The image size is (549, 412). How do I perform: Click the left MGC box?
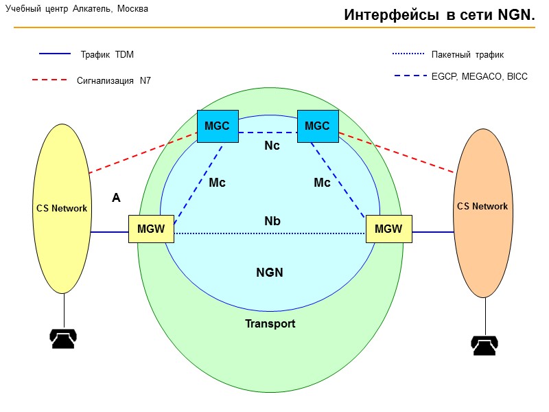pyautogui.click(x=217, y=126)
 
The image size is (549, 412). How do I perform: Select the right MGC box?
pyautogui.click(x=317, y=126)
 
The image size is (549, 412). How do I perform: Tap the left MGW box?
pyautogui.click(x=151, y=229)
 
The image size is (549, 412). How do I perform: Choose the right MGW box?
pyautogui.click(x=389, y=229)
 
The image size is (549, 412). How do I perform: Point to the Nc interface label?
pyautogui.click(x=272, y=146)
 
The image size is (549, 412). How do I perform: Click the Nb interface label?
pyautogui.click(x=272, y=221)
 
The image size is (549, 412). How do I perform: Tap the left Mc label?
pyautogui.click(x=217, y=183)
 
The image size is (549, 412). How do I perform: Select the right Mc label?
pyautogui.click(x=322, y=183)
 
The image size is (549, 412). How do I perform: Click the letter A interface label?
pyautogui.click(x=116, y=198)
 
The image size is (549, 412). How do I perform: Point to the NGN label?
pyautogui.click(x=270, y=273)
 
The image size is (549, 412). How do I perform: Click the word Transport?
pyautogui.click(x=270, y=323)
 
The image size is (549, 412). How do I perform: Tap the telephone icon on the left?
pyautogui.click(x=63, y=339)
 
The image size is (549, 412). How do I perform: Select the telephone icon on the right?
pyautogui.click(x=484, y=345)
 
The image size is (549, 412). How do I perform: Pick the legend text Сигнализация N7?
pyautogui.click(x=114, y=80)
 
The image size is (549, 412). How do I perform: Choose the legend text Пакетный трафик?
pyautogui.click(x=467, y=54)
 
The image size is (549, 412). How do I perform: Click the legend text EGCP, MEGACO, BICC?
pyautogui.click(x=480, y=76)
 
